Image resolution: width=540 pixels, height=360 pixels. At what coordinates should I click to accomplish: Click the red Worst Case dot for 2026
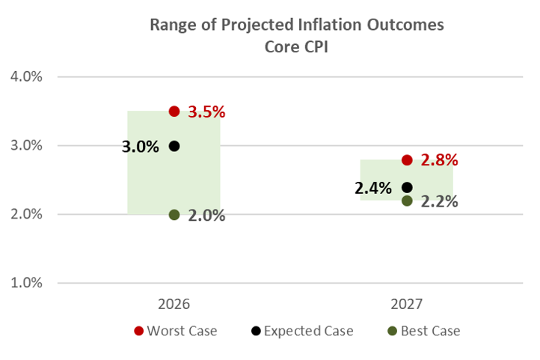174,112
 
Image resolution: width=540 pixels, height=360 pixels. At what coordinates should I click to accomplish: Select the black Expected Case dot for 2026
174,146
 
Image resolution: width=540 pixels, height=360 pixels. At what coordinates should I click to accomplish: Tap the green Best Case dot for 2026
174,215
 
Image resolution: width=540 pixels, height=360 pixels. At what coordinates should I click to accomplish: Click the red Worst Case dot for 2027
407,160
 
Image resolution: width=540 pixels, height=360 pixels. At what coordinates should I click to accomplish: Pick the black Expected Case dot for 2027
407,187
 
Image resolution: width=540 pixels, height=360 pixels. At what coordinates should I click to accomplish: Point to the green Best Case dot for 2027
407,201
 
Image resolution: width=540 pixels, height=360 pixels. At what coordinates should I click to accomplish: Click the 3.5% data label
206,112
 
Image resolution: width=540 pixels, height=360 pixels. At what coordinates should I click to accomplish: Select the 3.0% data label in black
141,146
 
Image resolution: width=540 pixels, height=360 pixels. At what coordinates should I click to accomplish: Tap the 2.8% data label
439,160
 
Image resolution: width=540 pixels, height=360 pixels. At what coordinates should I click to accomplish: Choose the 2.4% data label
373,188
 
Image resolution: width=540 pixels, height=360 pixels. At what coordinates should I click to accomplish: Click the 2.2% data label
439,201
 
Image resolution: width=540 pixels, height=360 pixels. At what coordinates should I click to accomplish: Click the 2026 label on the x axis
174,305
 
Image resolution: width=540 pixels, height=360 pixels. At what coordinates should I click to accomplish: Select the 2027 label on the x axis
407,305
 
